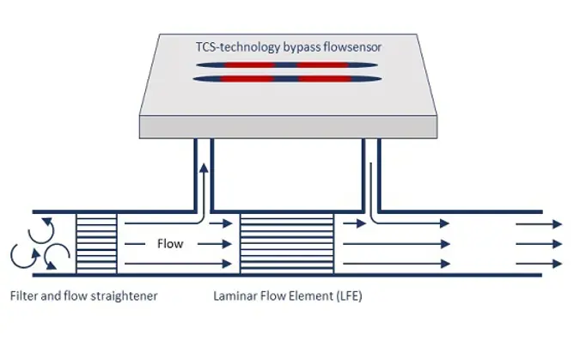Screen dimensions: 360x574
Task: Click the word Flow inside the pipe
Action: click(170, 244)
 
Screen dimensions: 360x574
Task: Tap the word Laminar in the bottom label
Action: click(235, 296)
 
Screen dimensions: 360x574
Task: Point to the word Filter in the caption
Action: click(25, 296)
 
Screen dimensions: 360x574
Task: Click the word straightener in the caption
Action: click(125, 296)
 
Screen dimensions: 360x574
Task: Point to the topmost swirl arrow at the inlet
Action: click(40, 229)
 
